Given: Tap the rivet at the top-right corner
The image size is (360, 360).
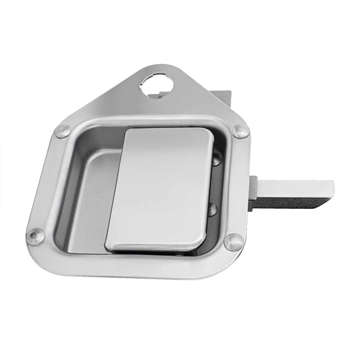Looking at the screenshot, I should point(241,131).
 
